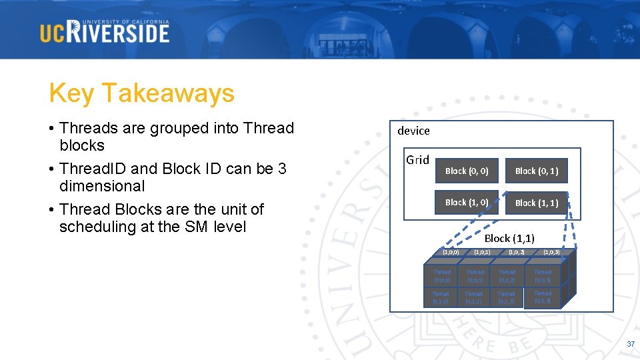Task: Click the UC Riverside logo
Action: (x=105, y=31)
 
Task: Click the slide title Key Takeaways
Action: (x=141, y=93)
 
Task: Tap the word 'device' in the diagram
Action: (x=413, y=131)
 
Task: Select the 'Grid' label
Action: (x=417, y=159)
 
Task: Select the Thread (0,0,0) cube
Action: (x=442, y=276)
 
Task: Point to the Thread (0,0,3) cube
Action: (x=543, y=276)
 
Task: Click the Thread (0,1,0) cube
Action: (x=440, y=297)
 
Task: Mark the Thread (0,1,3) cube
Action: (x=542, y=297)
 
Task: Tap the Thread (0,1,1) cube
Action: (x=473, y=297)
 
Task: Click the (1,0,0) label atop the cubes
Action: (x=451, y=253)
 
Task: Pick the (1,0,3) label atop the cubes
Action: (x=551, y=253)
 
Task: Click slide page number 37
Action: (x=630, y=344)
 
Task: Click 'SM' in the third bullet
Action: (x=196, y=227)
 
